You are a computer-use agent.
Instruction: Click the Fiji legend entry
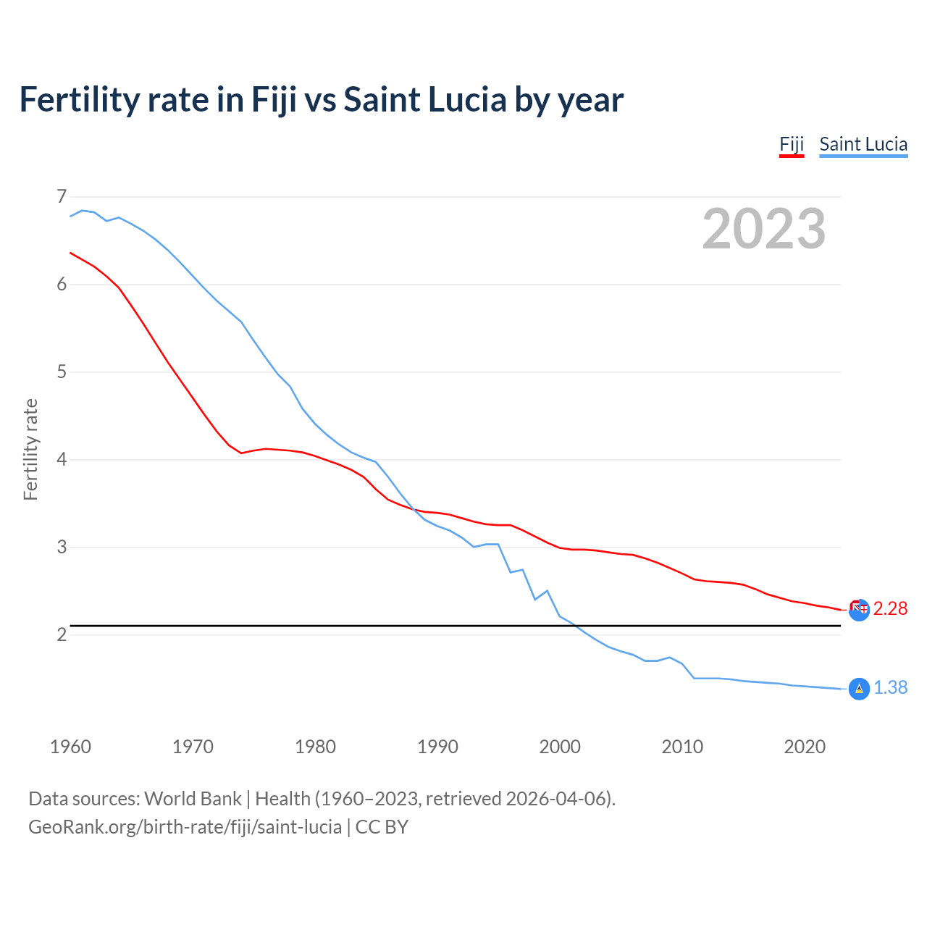click(x=792, y=144)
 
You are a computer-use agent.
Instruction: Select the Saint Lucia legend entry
click(x=863, y=144)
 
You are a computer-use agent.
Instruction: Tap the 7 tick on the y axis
click(x=62, y=196)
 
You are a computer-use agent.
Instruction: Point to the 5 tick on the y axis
click(x=62, y=372)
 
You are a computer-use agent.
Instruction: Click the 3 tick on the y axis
click(x=62, y=548)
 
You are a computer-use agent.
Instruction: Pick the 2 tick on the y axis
click(x=62, y=635)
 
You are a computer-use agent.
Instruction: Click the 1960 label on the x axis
click(x=70, y=747)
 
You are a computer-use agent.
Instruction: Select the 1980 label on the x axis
click(x=315, y=747)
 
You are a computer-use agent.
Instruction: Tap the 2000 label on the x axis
click(x=560, y=747)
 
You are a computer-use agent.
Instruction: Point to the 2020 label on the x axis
click(x=805, y=747)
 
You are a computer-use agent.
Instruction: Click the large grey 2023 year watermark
click(x=764, y=229)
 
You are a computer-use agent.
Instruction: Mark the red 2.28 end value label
click(x=890, y=609)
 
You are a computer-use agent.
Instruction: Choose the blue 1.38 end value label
click(x=890, y=688)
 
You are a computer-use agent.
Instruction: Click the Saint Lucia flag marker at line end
click(x=859, y=689)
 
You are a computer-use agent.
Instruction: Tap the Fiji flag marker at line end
click(x=859, y=610)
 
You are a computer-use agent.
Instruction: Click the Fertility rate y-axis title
click(x=30, y=449)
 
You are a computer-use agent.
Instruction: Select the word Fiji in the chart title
click(x=274, y=100)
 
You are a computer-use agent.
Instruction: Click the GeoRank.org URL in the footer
click(x=185, y=827)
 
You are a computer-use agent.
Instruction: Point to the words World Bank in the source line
click(x=193, y=799)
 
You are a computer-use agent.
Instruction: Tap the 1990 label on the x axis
click(x=437, y=747)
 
